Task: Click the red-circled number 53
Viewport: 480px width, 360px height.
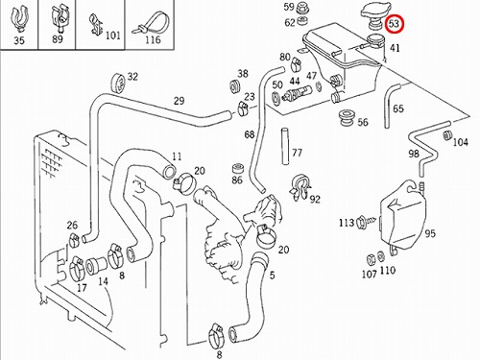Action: tap(395, 24)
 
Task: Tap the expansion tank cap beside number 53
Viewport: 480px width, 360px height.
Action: tap(375, 14)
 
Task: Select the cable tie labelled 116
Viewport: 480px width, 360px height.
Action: tap(151, 23)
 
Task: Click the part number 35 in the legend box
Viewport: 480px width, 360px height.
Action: tap(19, 41)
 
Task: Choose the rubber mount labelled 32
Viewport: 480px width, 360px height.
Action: tap(119, 83)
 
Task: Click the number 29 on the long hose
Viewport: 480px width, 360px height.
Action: tap(180, 101)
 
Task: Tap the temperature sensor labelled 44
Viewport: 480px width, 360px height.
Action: tap(297, 93)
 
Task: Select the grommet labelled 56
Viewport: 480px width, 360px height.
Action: tap(346, 118)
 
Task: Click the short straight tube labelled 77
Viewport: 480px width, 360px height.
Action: tap(285, 147)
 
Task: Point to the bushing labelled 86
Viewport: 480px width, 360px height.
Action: tap(237, 169)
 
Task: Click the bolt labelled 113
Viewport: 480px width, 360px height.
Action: tap(367, 221)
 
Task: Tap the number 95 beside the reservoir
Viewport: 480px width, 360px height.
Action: tap(430, 233)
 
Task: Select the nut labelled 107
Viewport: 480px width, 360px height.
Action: tap(371, 259)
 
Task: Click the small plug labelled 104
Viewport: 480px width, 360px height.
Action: tap(447, 135)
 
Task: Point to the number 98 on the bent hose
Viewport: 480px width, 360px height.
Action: tap(414, 154)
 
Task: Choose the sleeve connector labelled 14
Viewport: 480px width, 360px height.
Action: tap(96, 265)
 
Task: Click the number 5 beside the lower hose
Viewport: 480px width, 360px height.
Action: tap(272, 276)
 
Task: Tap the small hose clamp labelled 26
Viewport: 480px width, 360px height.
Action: tap(74, 240)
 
